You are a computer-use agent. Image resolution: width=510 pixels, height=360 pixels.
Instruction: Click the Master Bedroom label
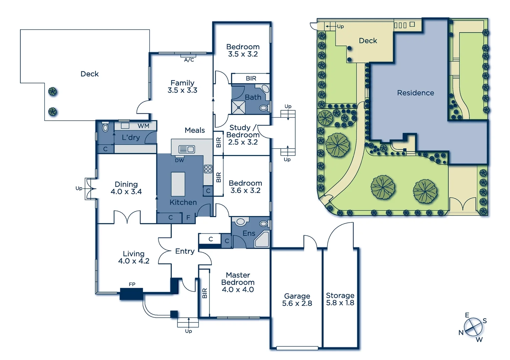click(238, 282)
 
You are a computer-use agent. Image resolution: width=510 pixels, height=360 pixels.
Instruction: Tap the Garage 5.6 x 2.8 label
click(297, 299)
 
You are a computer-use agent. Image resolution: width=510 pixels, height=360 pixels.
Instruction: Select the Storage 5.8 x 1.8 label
click(340, 299)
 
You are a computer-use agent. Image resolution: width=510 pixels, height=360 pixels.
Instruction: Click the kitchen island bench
click(178, 184)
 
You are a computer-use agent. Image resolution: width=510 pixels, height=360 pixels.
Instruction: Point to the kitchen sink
click(186, 149)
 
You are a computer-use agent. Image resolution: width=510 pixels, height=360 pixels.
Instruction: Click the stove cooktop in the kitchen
click(208, 169)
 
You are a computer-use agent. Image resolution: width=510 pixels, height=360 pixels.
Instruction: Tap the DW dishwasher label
click(179, 160)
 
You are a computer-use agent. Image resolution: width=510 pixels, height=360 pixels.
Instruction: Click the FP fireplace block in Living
click(131, 294)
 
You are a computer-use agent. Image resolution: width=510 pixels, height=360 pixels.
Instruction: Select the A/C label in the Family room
click(189, 60)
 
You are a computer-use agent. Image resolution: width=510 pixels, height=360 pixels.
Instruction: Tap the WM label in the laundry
click(143, 126)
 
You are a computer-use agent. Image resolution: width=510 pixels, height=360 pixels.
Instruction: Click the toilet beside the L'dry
click(105, 127)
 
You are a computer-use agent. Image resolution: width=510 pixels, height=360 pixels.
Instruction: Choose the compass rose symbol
click(473, 327)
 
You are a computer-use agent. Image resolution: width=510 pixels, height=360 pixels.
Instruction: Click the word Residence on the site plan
click(415, 93)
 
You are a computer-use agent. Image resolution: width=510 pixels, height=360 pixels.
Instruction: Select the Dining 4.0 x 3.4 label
click(126, 188)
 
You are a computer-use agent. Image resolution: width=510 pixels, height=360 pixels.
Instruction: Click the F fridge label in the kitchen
click(188, 218)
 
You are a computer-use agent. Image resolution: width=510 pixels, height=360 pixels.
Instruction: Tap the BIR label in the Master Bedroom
click(204, 293)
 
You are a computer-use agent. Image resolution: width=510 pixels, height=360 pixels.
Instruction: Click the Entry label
click(185, 251)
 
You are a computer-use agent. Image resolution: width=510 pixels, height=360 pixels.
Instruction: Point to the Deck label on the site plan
click(368, 41)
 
